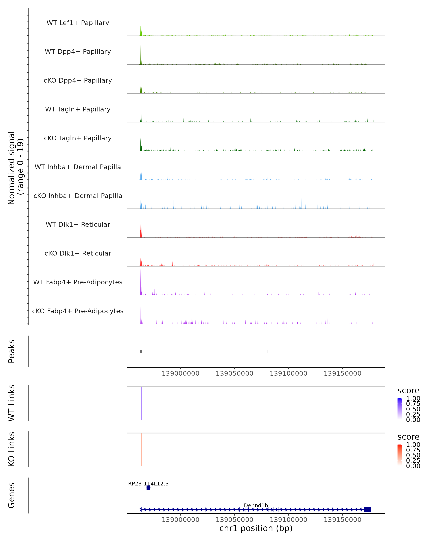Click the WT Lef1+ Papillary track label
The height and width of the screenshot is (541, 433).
click(78, 23)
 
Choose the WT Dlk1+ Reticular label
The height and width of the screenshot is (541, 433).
click(78, 224)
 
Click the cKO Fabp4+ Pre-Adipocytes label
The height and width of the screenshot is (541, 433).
click(78, 311)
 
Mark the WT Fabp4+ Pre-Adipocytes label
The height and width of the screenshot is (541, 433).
click(78, 282)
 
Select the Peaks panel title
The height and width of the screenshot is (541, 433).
click(12, 351)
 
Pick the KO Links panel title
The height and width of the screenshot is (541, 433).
click(12, 449)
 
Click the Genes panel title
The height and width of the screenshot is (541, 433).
click(12, 495)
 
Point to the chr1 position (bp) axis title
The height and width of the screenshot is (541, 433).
click(256, 528)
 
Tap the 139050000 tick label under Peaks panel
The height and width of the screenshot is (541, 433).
click(234, 373)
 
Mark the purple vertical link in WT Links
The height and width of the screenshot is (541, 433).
click(141, 403)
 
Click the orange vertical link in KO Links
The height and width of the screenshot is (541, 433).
click(141, 449)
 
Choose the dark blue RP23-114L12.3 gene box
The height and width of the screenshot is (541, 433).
click(148, 488)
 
